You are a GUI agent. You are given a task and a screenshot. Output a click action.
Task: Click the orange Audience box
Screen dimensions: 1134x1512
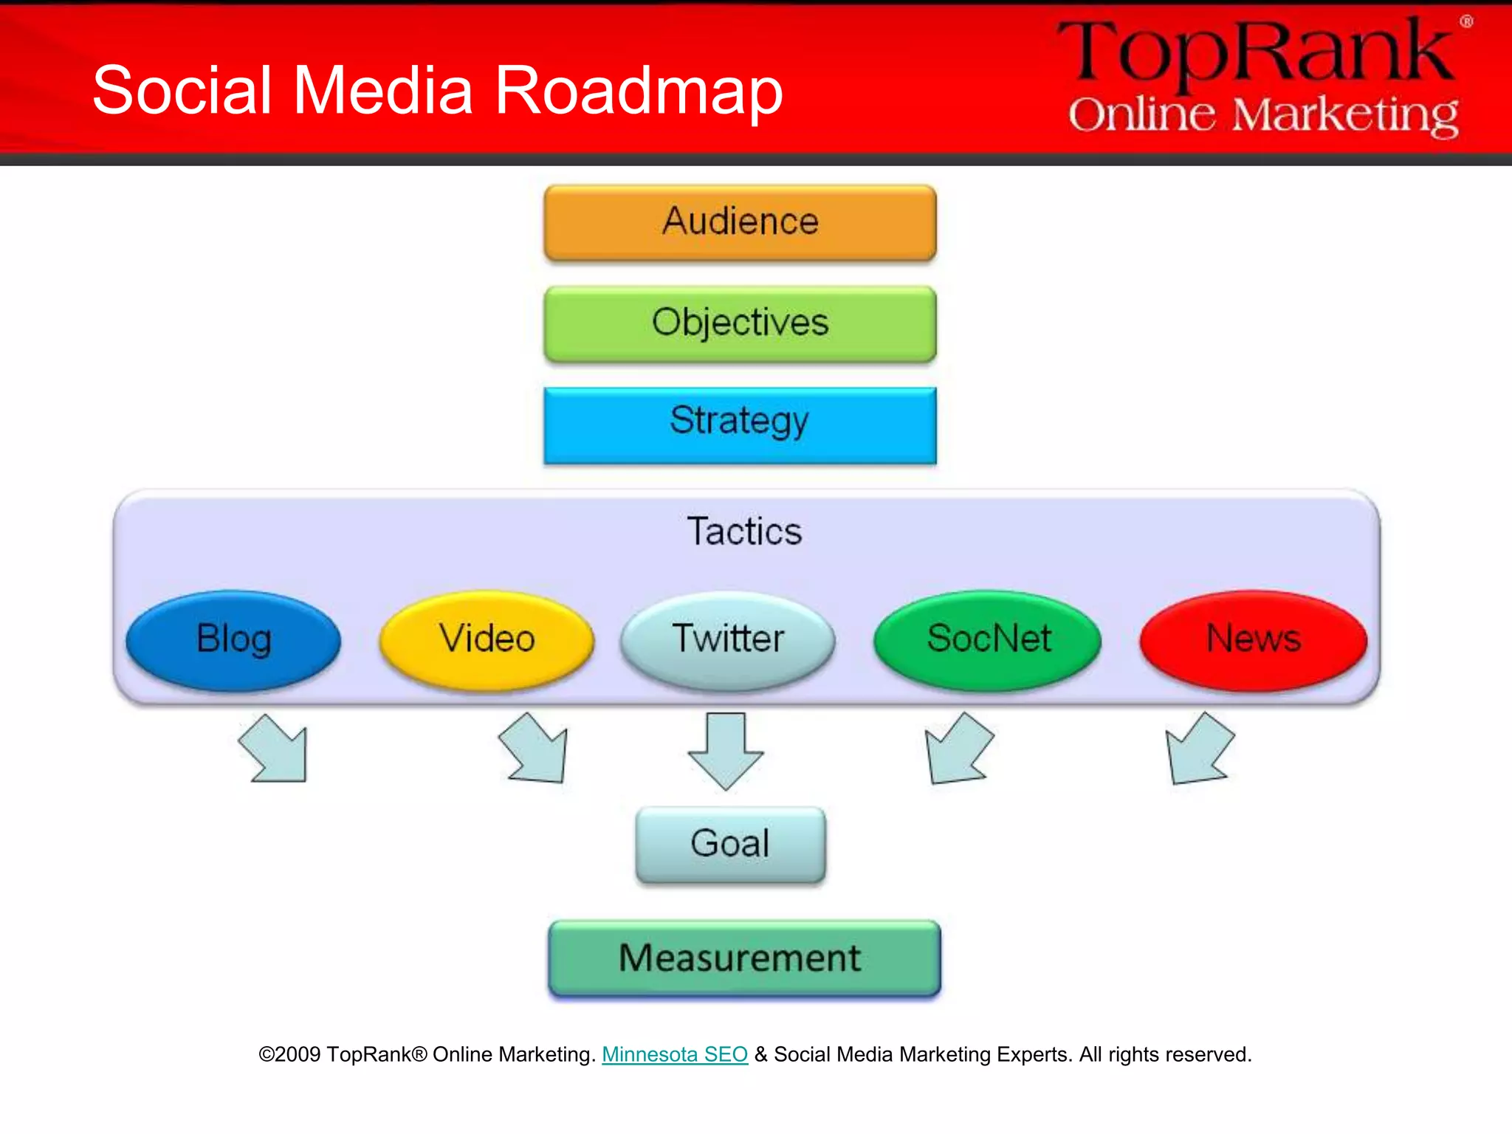pyautogui.click(x=740, y=222)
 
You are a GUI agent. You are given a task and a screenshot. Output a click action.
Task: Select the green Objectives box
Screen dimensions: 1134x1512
pyautogui.click(x=740, y=323)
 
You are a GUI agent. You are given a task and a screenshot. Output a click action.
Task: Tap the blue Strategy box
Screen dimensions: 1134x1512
pyautogui.click(x=740, y=425)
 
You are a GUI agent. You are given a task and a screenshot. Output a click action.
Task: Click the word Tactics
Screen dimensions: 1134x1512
pyautogui.click(x=744, y=532)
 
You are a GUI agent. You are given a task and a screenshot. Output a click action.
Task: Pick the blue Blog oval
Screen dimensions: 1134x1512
pyautogui.click(x=233, y=639)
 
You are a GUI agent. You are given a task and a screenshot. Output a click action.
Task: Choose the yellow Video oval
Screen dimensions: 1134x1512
pyautogui.click(x=487, y=639)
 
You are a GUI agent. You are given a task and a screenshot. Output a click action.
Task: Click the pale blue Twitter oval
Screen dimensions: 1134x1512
pyautogui.click(x=728, y=639)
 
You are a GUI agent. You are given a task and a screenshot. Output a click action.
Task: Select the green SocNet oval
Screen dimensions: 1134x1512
pyautogui.click(x=988, y=639)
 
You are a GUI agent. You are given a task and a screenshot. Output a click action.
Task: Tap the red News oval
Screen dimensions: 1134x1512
pyautogui.click(x=1253, y=639)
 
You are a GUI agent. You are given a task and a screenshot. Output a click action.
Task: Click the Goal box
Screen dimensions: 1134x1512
pyautogui.click(x=730, y=844)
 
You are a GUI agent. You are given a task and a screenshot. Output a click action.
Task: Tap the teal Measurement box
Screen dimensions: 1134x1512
pyautogui.click(x=744, y=958)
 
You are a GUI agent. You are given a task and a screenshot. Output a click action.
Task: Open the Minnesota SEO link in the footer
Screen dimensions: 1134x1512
pyautogui.click(x=675, y=1054)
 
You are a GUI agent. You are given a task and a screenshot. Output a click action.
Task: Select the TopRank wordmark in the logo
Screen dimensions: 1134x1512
pyautogui.click(x=1255, y=52)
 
